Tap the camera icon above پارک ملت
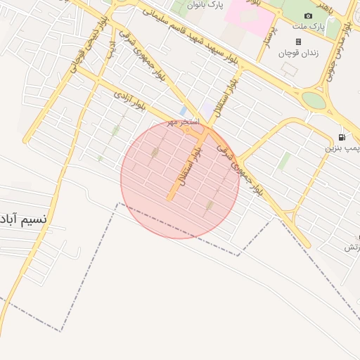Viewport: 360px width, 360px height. (x=308, y=16)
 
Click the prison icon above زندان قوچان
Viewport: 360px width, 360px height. (x=298, y=41)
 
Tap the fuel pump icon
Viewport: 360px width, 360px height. (x=341, y=136)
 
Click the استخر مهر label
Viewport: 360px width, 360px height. (x=183, y=122)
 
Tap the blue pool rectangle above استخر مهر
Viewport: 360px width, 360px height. (x=183, y=111)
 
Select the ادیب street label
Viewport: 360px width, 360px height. (x=110, y=46)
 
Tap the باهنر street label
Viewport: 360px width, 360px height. (x=324, y=8)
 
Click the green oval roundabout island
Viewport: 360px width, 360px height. (x=314, y=101)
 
